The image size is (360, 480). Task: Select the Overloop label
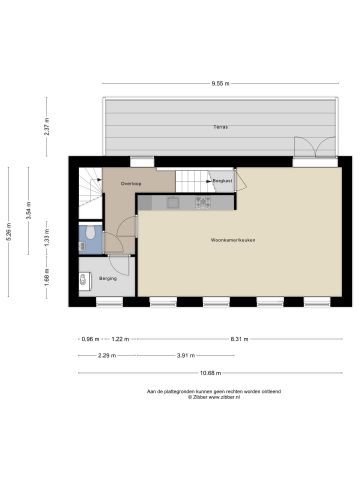pos(131,184)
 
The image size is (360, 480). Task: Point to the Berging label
pos(107,278)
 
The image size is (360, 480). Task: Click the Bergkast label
pos(221,181)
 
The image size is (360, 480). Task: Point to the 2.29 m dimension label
pos(106,355)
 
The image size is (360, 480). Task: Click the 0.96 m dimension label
pos(88,339)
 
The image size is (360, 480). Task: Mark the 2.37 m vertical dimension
pos(46,128)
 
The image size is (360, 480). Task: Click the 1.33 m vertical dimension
pos(46,241)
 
